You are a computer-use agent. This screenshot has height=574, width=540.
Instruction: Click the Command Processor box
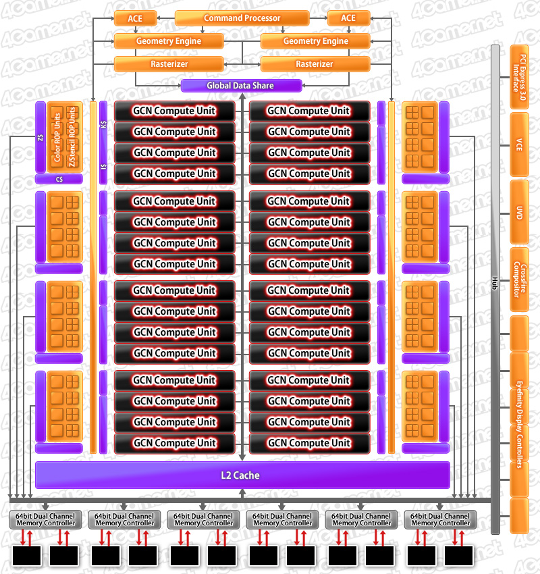242,18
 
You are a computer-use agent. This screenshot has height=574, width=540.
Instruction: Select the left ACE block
135,18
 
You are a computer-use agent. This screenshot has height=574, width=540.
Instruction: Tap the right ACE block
348,18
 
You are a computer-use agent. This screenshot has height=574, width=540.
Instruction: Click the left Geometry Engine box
168,41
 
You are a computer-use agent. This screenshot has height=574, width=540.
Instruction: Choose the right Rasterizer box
315,64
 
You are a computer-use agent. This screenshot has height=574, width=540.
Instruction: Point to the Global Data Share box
240,86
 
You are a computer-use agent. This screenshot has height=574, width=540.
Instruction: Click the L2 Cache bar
242,475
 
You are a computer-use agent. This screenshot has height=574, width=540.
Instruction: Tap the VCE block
519,143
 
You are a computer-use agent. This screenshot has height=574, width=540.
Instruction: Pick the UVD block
519,211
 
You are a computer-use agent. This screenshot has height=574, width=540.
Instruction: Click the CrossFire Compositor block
519,279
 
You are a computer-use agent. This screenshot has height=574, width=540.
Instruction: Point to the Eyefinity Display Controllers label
519,422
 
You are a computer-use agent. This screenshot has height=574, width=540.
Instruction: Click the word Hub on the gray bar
495,282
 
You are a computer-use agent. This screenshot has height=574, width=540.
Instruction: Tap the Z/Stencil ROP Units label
73,138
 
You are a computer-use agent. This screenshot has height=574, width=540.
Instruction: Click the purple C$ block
59,180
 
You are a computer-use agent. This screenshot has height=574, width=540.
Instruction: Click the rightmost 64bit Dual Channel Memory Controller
441,519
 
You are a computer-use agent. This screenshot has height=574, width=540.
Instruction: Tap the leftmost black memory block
27,555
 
